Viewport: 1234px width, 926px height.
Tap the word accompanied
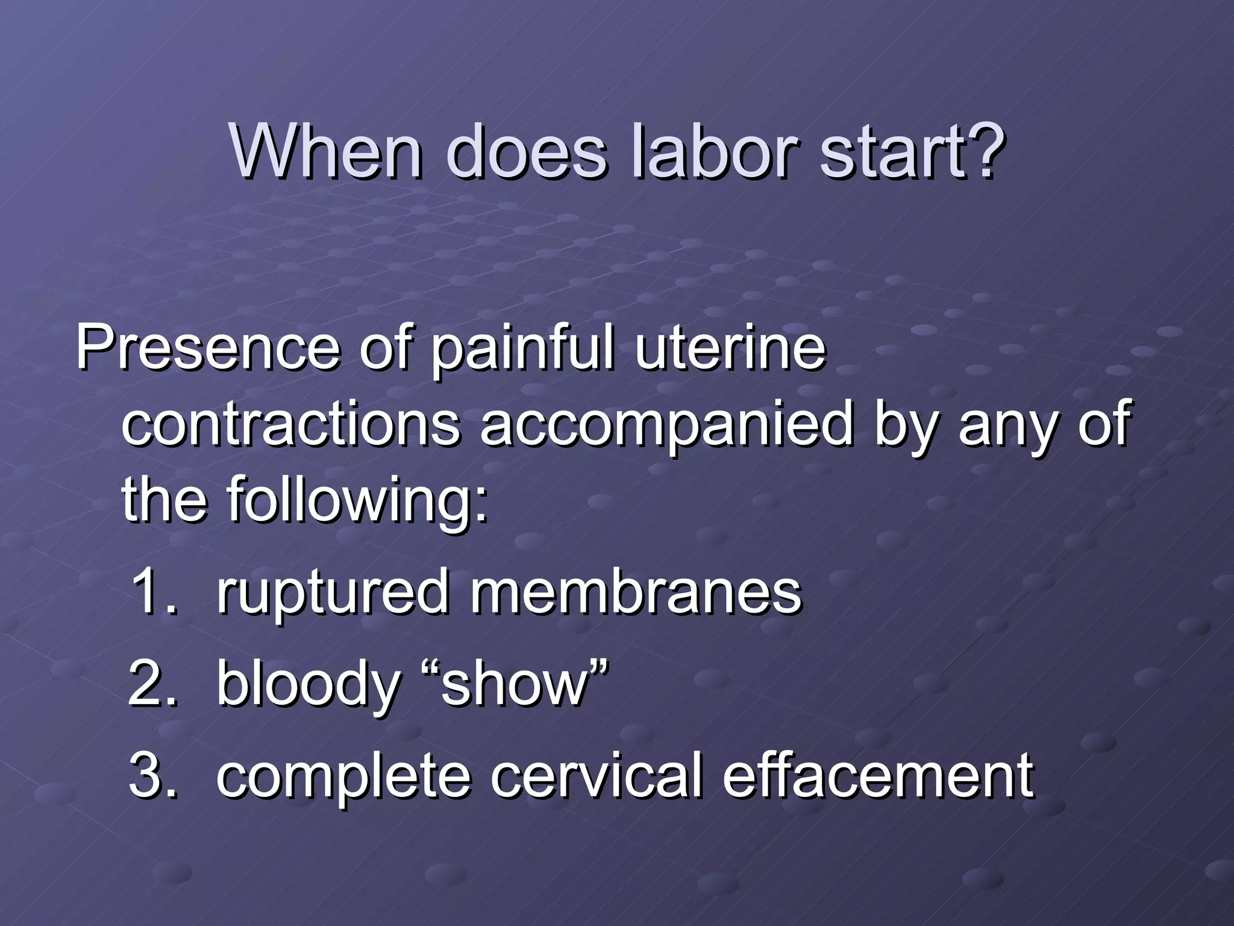[666, 425]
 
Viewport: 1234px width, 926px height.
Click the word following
[357, 500]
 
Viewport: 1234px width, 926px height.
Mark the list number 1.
[152, 592]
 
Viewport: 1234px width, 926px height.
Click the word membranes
[636, 592]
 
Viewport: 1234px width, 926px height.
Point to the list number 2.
[152, 684]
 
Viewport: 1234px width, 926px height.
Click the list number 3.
[152, 775]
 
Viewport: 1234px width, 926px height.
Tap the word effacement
[877, 775]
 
